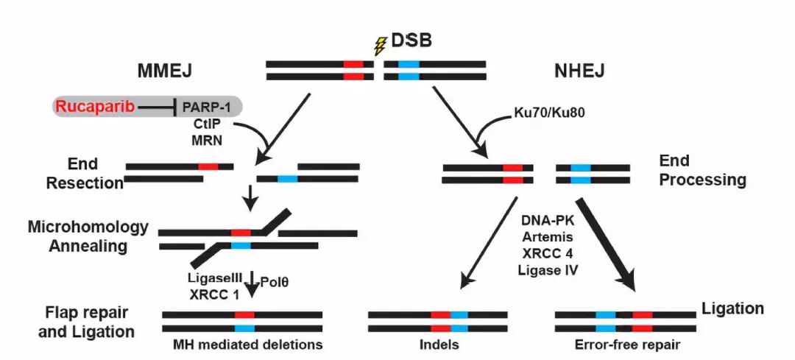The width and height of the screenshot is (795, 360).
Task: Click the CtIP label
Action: click(x=201, y=124)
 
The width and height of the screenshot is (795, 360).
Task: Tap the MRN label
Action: click(x=201, y=138)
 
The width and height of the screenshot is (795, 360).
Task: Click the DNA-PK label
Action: click(x=549, y=221)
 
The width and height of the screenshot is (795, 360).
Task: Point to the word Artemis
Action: click(x=549, y=237)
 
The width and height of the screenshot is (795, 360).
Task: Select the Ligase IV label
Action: click(x=549, y=269)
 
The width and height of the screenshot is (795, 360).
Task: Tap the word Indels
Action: click(x=440, y=345)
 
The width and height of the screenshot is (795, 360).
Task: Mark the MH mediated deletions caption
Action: click(x=248, y=345)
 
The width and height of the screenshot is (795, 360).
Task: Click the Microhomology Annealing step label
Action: click(x=88, y=236)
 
